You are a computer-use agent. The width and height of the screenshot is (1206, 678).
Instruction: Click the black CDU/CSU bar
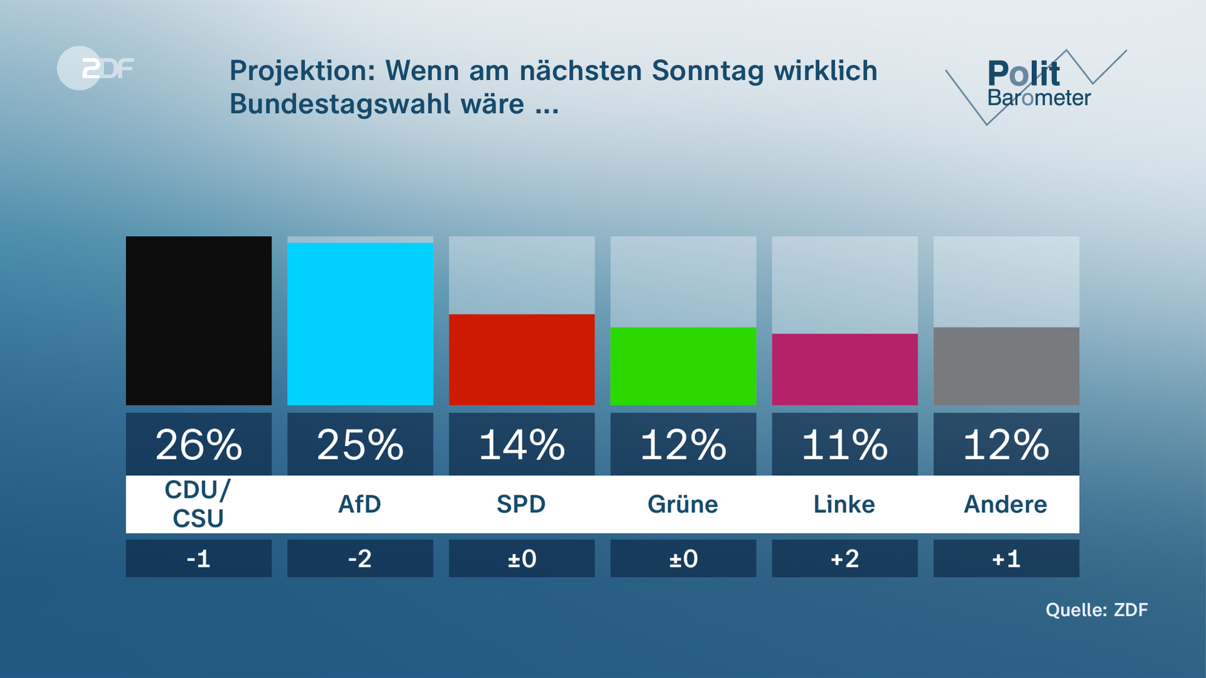(x=198, y=320)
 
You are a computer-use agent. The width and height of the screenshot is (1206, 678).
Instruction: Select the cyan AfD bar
(x=360, y=323)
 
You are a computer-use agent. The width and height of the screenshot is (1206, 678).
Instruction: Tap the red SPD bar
(x=521, y=359)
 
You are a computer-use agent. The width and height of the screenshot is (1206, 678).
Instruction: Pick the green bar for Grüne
(x=683, y=365)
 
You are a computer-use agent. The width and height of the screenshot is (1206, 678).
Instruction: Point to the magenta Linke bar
(x=844, y=369)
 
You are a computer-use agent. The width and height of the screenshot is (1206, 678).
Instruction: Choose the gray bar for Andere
(x=1006, y=365)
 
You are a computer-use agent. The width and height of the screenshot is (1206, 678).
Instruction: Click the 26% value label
(x=198, y=444)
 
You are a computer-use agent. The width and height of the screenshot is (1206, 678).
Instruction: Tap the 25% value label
(x=360, y=444)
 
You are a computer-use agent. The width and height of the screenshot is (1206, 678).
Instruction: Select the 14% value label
(x=521, y=444)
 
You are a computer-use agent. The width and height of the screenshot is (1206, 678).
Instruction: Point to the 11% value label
(x=844, y=444)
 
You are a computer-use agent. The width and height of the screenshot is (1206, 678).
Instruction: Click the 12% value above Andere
(x=1006, y=444)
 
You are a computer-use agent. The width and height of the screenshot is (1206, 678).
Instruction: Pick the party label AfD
(x=360, y=504)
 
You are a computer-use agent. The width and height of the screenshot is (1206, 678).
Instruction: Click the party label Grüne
(x=683, y=504)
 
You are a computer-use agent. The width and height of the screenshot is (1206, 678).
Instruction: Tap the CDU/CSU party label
(x=198, y=504)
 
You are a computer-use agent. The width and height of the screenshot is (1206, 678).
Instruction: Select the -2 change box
(x=360, y=558)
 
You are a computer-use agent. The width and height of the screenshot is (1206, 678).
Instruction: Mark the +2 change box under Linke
(x=844, y=558)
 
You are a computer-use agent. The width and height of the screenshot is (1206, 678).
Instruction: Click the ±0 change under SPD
(x=521, y=558)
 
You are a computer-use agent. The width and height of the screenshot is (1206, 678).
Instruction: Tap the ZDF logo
(x=95, y=68)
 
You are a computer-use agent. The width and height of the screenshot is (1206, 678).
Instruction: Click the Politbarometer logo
(x=1036, y=85)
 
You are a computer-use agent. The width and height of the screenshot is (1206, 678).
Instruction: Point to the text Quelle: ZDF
(x=1096, y=610)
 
